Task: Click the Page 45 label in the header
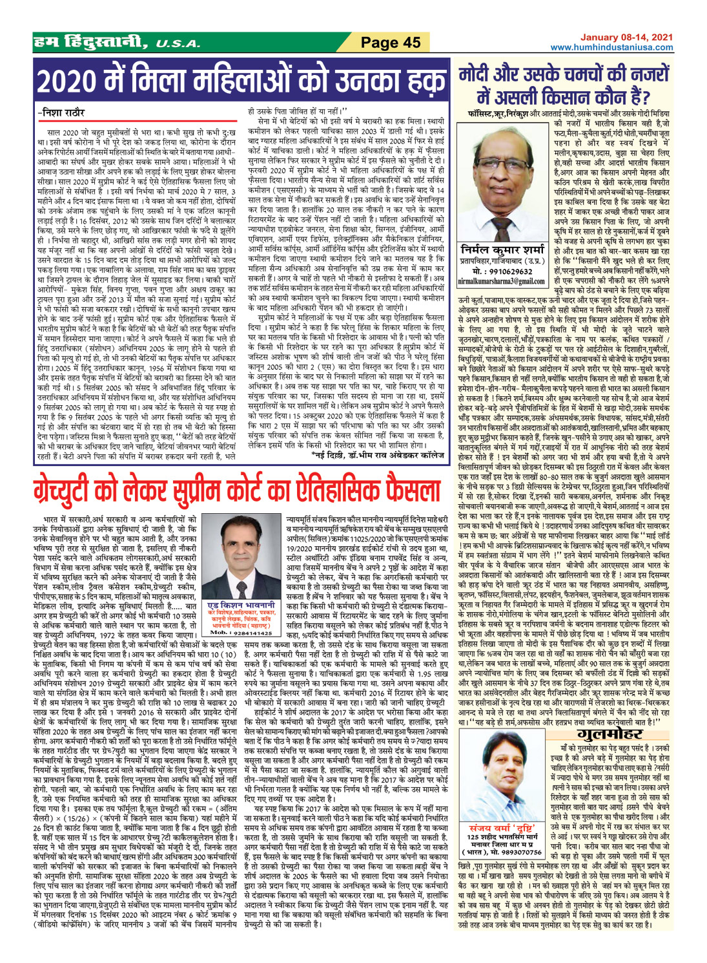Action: [391, 43]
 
